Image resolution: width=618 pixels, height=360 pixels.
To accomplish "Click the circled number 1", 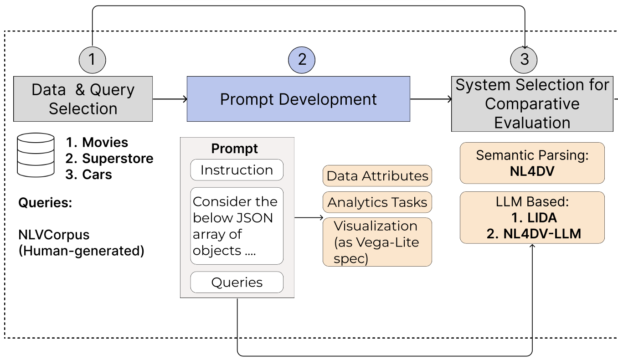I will [92, 59].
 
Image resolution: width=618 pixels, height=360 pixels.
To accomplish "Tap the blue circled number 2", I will [302, 59].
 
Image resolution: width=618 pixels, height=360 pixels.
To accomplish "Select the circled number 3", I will [524, 59].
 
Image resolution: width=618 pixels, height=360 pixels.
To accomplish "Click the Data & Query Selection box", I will [83, 99].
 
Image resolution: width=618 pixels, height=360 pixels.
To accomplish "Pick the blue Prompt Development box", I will [298, 99].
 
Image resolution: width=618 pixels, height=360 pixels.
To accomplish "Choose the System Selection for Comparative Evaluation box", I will [532, 104].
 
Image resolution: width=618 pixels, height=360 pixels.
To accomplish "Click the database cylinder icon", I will [35, 155].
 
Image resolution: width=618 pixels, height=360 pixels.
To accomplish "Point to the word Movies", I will [105, 143].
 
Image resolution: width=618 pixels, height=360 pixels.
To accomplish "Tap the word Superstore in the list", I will [118, 159].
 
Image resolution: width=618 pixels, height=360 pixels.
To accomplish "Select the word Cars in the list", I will [97, 175].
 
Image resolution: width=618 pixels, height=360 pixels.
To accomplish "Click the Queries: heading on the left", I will [45, 203].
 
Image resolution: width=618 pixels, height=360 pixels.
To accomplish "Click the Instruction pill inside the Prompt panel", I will [237, 170].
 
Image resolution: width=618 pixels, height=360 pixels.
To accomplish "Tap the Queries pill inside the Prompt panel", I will [237, 283].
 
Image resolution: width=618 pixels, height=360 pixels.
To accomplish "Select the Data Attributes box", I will [377, 176].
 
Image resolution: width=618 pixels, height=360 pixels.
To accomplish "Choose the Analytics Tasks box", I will [377, 202].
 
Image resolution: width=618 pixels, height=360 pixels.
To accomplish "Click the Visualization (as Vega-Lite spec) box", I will [377, 242].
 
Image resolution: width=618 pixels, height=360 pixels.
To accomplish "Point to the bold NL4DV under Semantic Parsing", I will [532, 171].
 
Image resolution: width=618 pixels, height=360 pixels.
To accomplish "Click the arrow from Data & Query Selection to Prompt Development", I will [170, 99].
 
